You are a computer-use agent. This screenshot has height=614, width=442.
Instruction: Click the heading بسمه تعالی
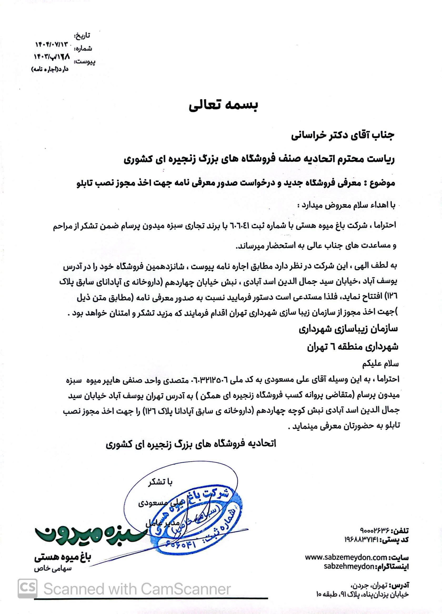click(223, 105)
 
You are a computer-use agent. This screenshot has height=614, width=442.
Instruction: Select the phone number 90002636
click(374, 530)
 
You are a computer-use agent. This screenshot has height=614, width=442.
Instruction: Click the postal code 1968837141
click(362, 539)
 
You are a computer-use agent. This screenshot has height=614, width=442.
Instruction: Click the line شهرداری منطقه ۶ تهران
click(353, 347)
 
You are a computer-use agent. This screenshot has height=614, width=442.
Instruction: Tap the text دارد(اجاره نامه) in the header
click(50, 69)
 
